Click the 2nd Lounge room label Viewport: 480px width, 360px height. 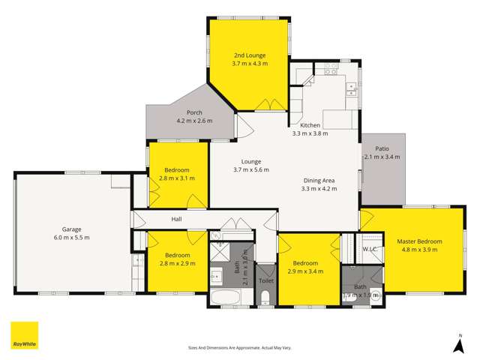[250, 55]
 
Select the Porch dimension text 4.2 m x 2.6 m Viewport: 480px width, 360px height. [194, 121]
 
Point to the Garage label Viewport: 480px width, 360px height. [72, 229]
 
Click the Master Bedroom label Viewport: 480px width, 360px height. [419, 241]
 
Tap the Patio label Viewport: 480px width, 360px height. [382, 149]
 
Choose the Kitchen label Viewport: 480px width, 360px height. [310, 125]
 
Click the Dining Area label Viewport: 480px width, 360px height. [319, 181]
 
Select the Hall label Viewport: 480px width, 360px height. [177, 219]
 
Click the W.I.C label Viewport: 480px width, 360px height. [369, 249]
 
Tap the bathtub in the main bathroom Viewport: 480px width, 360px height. [226, 298]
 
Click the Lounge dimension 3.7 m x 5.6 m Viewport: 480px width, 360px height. [250, 170]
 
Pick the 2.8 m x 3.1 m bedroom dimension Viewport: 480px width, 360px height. [177, 178]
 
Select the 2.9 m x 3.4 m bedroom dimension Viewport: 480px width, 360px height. [305, 272]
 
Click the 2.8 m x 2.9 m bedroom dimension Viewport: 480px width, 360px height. [177, 264]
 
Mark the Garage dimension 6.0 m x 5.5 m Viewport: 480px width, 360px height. [72, 238]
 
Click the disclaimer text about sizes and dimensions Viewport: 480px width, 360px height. [239, 348]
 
